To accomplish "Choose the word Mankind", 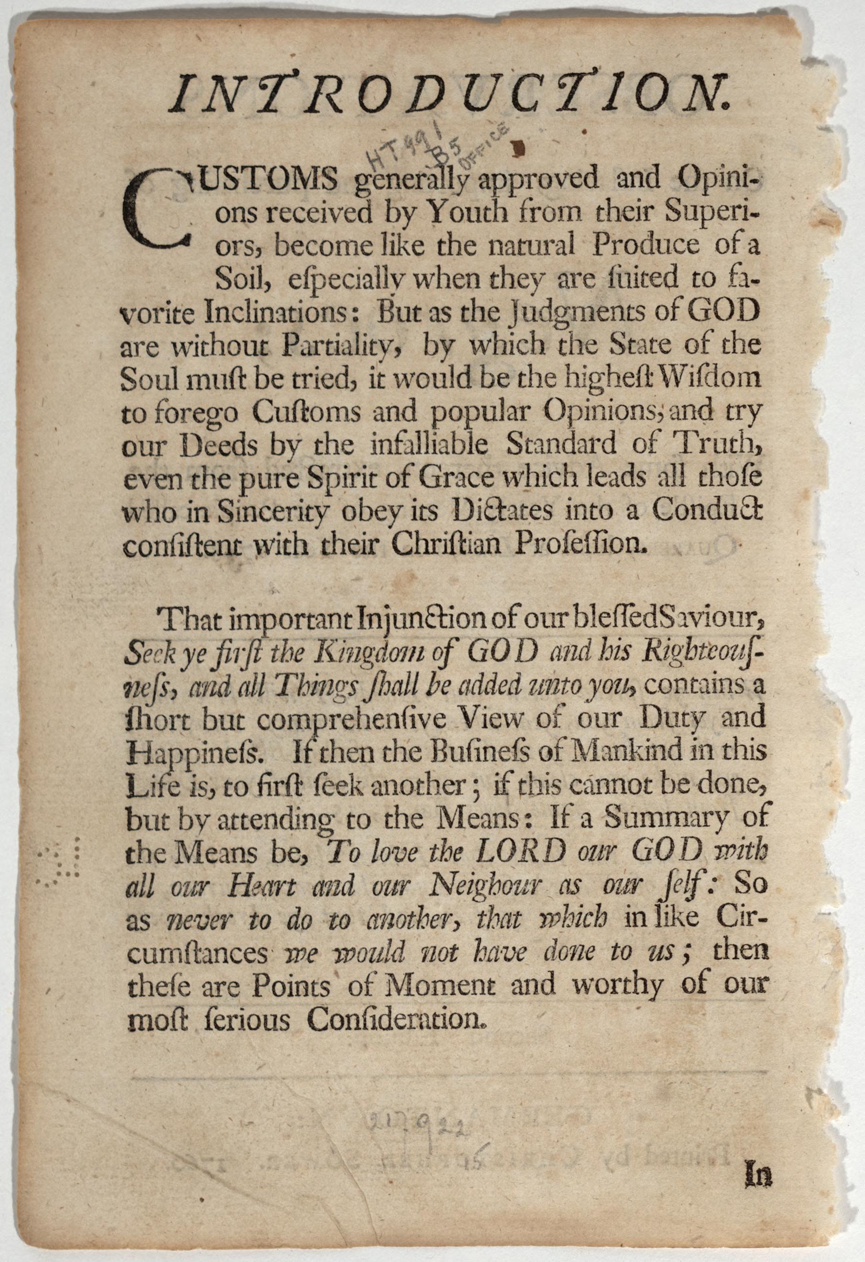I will tap(643, 751).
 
